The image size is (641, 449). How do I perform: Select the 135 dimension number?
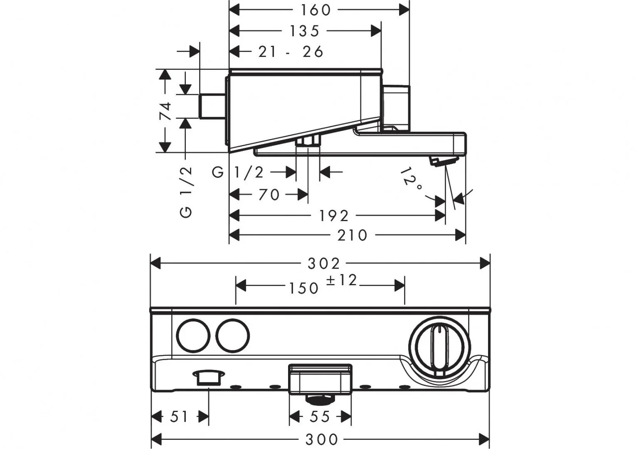[x=304, y=31]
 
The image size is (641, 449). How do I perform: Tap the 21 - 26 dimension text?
[x=291, y=52]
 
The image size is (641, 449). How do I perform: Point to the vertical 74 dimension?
[x=166, y=111]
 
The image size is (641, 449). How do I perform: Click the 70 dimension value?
[x=269, y=194]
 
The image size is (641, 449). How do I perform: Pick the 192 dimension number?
[x=334, y=216]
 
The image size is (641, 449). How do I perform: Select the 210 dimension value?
[x=353, y=235]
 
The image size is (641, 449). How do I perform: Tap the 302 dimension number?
[x=324, y=263]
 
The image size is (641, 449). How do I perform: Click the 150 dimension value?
[x=304, y=288]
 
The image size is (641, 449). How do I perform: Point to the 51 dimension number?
[x=179, y=416]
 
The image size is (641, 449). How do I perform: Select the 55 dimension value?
[x=320, y=416]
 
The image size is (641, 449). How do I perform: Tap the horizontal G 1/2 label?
[x=238, y=172]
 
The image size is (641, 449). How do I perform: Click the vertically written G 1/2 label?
[x=187, y=192]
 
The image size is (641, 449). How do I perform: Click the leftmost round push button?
[x=193, y=336]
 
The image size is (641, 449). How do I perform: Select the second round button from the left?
[x=233, y=336]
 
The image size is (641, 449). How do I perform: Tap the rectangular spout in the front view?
[x=320, y=378]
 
